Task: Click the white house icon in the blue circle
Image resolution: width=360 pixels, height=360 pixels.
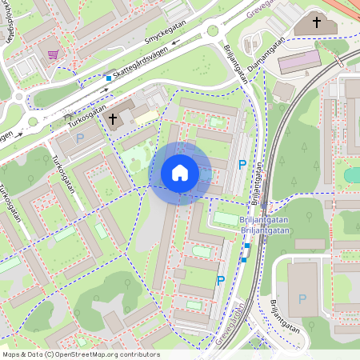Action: tap(180, 172)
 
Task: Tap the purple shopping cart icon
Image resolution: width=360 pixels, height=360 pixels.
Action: tap(53, 54)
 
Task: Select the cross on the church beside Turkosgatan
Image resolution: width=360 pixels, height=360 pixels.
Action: tap(113, 120)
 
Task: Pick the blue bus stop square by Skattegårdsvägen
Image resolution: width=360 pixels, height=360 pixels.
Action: tap(109, 78)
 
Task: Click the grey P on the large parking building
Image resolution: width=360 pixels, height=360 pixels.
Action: tap(302, 298)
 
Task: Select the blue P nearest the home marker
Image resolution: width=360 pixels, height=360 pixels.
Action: tap(242, 165)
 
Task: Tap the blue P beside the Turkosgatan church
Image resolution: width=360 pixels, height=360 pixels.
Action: tap(79, 138)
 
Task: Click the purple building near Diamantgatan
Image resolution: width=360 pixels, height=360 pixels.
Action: tap(298, 60)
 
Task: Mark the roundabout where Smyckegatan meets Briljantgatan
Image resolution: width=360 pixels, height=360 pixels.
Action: tap(212, 32)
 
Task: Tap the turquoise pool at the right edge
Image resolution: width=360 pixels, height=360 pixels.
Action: tap(352, 174)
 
